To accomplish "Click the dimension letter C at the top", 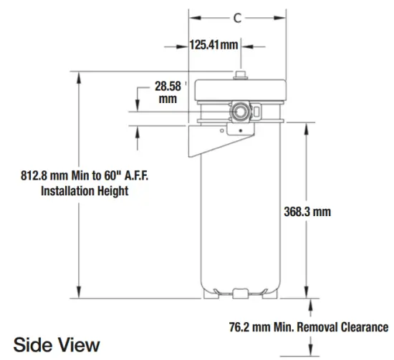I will tap(237, 18).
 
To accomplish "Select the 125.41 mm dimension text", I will tap(213, 45).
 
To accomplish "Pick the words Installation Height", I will tap(85, 191).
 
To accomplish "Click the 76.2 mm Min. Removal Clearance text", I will tap(309, 327).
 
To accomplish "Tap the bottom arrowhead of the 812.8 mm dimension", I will tap(76, 293).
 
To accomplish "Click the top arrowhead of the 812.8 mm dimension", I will tap(76, 75).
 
